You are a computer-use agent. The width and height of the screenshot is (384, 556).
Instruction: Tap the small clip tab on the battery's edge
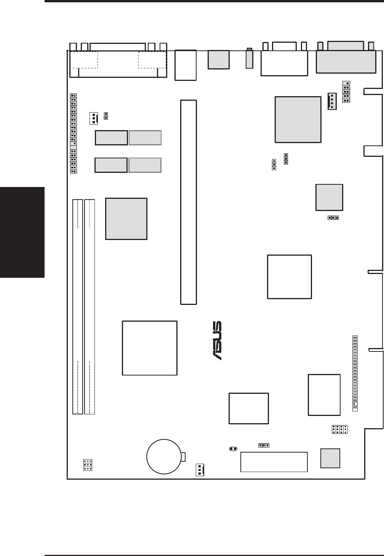pos(183,456)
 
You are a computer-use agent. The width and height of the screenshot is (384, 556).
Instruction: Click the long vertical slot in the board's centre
pos(189,202)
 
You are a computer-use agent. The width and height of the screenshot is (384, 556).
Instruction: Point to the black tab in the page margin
pos(22,232)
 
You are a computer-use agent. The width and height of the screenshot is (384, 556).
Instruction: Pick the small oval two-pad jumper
pos(233,449)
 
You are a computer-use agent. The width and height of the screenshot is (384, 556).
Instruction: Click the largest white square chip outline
pos(150,348)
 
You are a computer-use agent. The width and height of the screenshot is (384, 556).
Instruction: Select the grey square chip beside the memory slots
pos(126,219)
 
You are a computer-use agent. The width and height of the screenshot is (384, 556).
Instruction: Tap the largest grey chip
pos(298,119)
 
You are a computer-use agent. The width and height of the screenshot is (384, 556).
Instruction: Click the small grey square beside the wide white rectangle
pos(330,458)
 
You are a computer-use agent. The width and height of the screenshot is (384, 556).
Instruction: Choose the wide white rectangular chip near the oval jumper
pos(274,462)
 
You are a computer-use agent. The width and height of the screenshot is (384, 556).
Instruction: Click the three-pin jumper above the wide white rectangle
pos(264,445)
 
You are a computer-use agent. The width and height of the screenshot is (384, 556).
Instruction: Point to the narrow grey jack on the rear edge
pos(250,59)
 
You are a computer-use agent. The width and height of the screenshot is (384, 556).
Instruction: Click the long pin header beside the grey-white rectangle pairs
pos(74,134)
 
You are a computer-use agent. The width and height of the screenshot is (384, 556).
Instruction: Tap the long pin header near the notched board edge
pos(355,373)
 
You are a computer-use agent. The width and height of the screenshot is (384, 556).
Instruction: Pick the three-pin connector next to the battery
pos(200,470)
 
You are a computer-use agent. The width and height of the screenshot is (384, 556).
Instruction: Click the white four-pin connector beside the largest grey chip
pos(332,101)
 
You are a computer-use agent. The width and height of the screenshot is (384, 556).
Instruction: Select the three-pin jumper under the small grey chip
pos(333,218)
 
